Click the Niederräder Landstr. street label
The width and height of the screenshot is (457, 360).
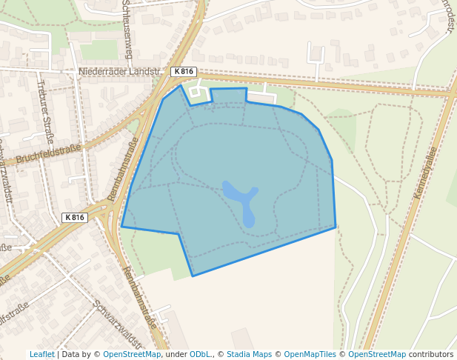click(x=119, y=72)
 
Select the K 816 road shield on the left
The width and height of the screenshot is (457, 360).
click(x=75, y=218)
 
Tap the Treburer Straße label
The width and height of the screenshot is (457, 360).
click(x=46, y=111)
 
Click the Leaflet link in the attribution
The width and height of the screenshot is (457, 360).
click(x=41, y=354)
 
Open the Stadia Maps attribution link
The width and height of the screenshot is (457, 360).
click(x=249, y=354)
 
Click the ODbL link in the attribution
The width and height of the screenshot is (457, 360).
click(x=200, y=354)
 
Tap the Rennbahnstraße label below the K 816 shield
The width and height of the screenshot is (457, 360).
click(x=140, y=297)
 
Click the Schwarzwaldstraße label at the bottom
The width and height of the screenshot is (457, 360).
click(x=117, y=324)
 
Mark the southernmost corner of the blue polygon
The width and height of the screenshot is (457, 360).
click(x=193, y=276)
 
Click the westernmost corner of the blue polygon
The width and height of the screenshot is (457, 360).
click(x=121, y=227)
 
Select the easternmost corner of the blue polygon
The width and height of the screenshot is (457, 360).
click(x=336, y=226)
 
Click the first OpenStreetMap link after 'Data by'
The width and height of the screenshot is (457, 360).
click(x=132, y=354)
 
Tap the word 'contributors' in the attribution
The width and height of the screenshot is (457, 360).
click(x=431, y=354)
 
